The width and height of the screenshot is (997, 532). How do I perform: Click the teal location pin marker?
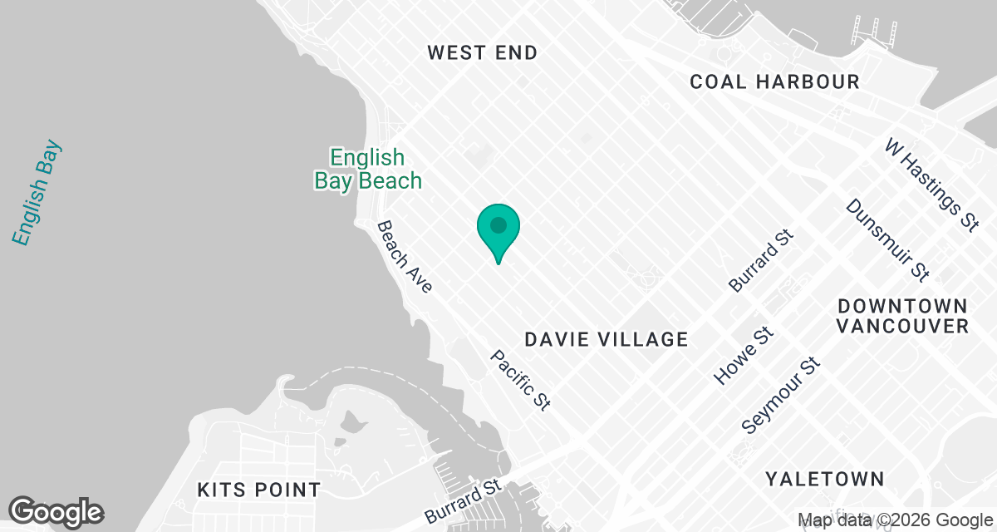pos(498,233)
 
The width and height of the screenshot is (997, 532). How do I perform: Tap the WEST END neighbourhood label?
pos(482,53)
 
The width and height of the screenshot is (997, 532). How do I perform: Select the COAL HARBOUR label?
pos(775,81)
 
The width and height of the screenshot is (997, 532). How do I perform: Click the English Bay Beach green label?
pos(368,169)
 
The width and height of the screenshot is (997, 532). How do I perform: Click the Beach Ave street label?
pos(405,257)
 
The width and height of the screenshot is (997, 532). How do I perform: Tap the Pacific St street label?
pos(520,380)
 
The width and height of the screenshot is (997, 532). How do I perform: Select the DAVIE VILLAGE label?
pos(607,339)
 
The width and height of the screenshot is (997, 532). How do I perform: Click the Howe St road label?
pos(744,356)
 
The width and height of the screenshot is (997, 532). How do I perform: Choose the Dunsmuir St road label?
pos(886,239)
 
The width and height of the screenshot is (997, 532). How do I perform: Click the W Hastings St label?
pos(931,185)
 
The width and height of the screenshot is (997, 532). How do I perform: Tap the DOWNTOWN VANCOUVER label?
pos(902,315)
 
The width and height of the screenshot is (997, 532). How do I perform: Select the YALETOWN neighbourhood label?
pos(824,479)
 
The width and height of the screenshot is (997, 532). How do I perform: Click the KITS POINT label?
pos(258,490)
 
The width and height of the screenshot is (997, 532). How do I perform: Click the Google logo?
pos(56,511)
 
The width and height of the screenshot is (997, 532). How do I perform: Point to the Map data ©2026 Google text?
pos(896,520)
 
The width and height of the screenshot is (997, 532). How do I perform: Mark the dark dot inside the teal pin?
pos(498,225)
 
